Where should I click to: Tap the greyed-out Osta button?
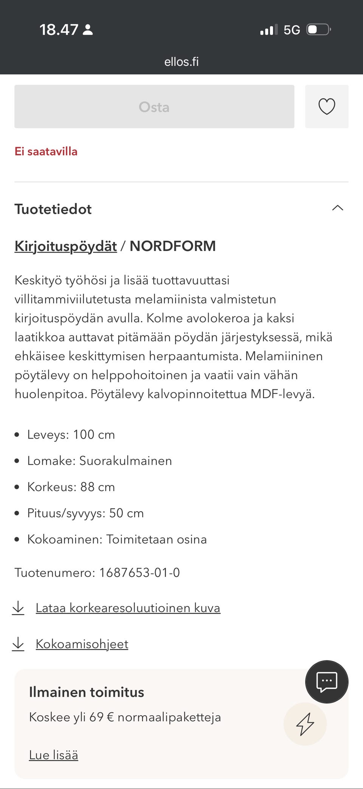(x=154, y=107)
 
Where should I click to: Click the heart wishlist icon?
(x=327, y=107)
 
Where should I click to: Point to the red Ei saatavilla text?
(x=46, y=152)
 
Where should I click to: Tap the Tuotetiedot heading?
(x=53, y=209)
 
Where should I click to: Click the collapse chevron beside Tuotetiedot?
(x=337, y=208)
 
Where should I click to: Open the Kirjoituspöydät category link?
(x=65, y=246)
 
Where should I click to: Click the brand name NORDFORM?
(x=172, y=246)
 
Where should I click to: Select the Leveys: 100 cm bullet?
(x=71, y=435)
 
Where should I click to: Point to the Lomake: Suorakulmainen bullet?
(x=99, y=461)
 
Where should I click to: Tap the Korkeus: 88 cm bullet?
(x=71, y=487)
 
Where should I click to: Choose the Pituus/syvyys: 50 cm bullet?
(x=85, y=513)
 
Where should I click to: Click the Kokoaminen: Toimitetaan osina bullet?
(x=117, y=539)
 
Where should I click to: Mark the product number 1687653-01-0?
(x=139, y=573)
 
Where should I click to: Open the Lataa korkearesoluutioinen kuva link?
(x=128, y=608)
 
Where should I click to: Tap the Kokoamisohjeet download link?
(x=82, y=644)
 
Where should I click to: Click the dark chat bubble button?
(x=327, y=682)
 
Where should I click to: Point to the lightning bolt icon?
(x=305, y=724)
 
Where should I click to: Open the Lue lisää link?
(x=53, y=755)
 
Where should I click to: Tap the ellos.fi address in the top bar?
(x=181, y=62)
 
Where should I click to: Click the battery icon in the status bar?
(x=318, y=29)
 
